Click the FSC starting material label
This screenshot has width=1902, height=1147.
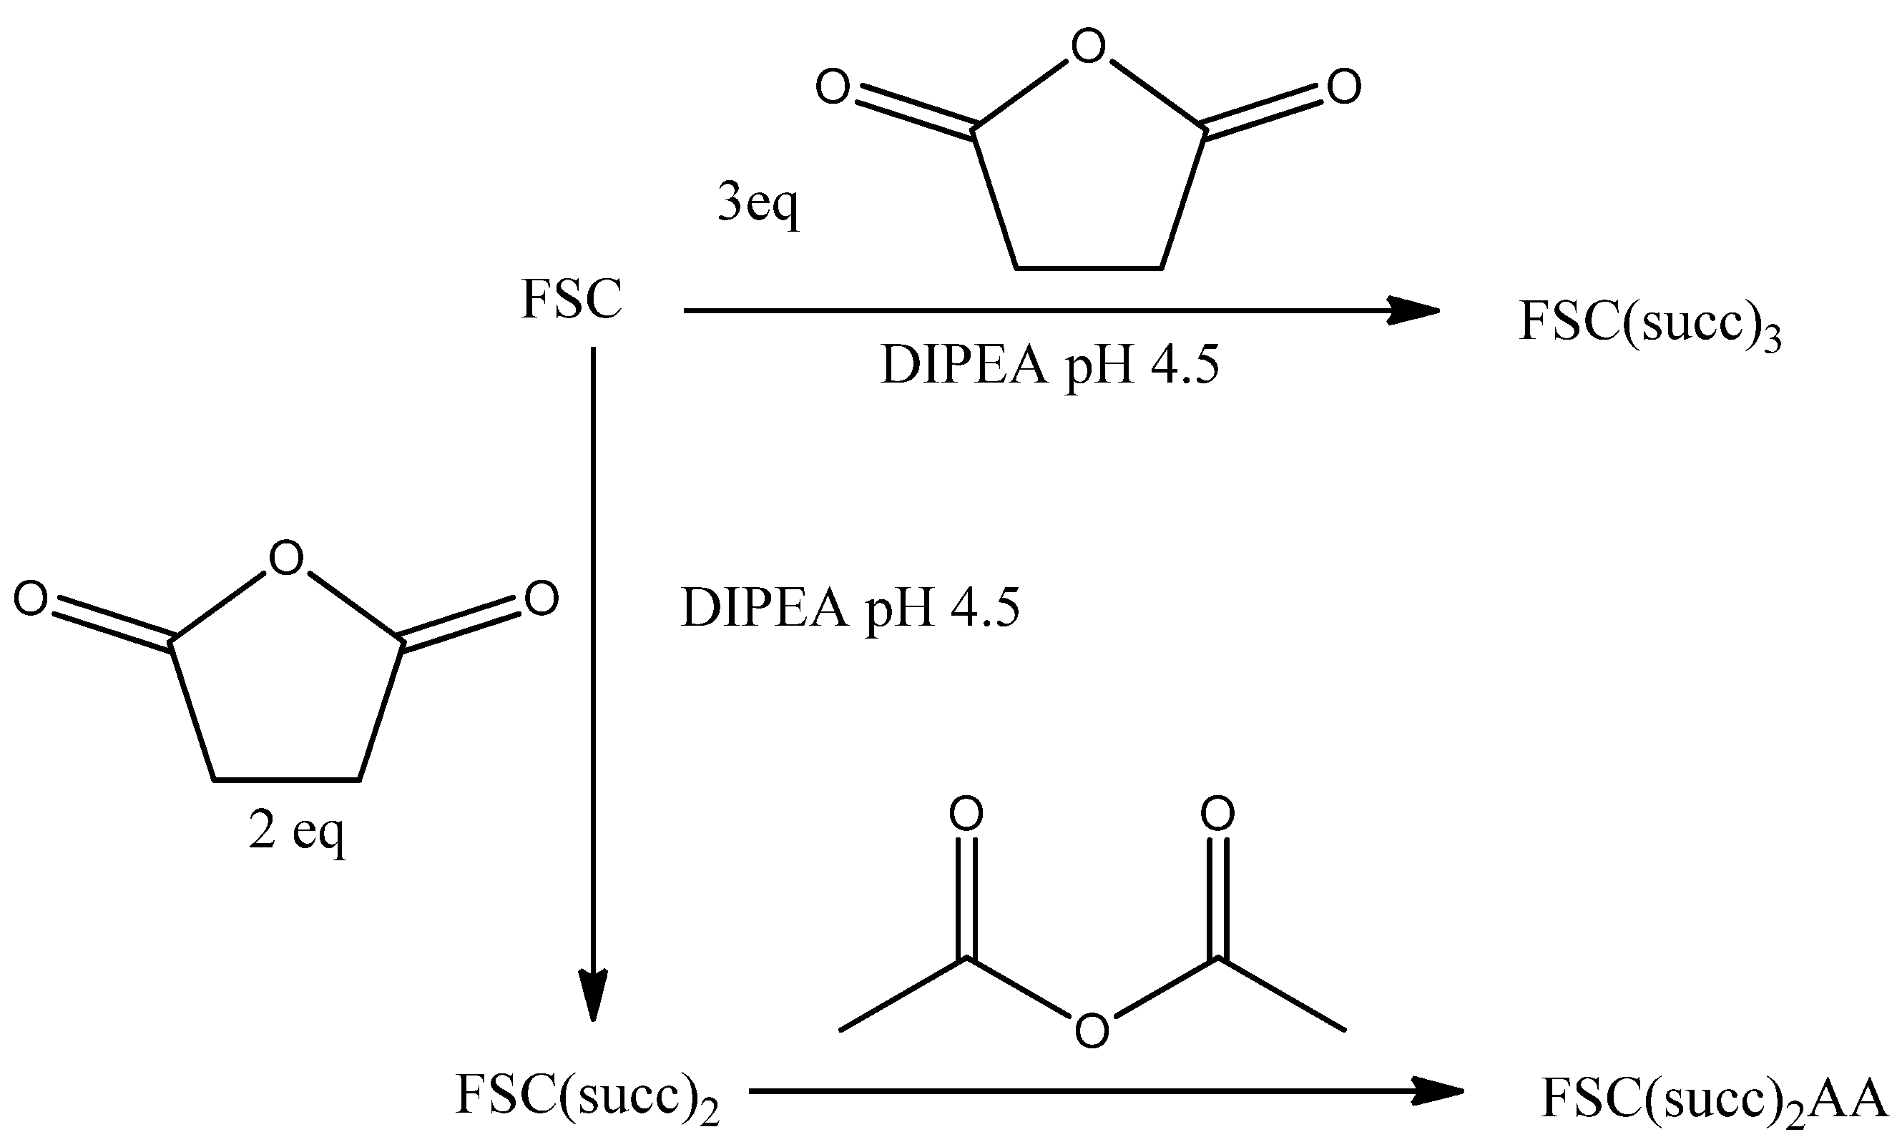[572, 299]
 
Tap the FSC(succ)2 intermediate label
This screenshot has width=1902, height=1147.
[587, 1096]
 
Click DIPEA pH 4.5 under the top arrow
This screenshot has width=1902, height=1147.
[1049, 365]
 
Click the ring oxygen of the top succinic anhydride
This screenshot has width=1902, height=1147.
[1089, 47]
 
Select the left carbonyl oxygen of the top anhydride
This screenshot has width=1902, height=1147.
[833, 87]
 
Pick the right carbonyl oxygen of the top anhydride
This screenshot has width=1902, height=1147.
[1344, 87]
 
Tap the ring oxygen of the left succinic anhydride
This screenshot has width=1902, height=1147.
[286, 558]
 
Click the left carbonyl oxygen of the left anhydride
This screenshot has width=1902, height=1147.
[31, 599]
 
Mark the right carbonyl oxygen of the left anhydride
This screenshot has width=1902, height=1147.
[541, 599]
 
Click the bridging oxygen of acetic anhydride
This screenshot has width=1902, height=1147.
[1092, 1030]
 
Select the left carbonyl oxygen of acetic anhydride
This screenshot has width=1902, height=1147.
[966, 814]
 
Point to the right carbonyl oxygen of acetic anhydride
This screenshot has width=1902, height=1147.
[1218, 814]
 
